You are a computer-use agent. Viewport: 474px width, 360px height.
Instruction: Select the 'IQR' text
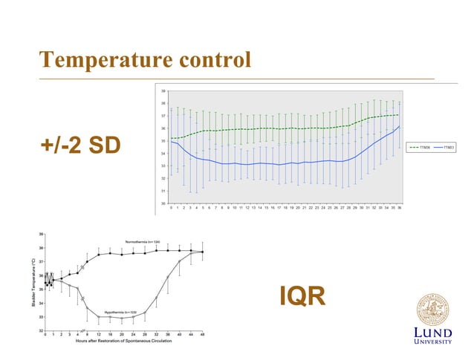[302, 297]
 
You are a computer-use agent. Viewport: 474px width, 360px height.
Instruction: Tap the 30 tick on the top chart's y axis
[163, 203]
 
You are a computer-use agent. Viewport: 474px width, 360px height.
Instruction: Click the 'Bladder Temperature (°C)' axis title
[34, 283]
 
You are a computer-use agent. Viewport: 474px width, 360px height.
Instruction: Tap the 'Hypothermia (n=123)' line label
[120, 312]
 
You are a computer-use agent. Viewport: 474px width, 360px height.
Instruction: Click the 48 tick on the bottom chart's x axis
[202, 336]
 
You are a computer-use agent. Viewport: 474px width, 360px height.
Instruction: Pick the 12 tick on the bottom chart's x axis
[99, 336]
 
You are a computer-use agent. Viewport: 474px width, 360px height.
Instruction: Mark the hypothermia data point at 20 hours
[122, 318]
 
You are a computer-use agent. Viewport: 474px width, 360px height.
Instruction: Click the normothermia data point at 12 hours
[99, 255]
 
